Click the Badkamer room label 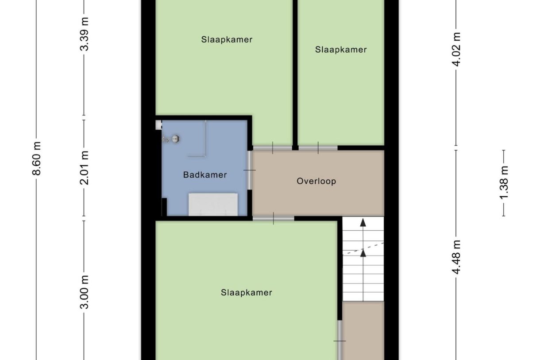point(204,175)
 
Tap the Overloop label point(316,181)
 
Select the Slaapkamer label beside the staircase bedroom point(246,293)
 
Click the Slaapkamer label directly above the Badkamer point(227,39)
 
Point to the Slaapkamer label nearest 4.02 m point(341,50)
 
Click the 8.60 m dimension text point(37,158)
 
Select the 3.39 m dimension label point(85,35)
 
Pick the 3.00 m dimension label point(85,292)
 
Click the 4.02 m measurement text point(457,49)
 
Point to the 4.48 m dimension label point(457,257)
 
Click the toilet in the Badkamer point(173,139)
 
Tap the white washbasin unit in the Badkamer point(213,204)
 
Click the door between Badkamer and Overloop point(250,170)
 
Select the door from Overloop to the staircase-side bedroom point(274,218)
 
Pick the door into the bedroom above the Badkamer point(273,148)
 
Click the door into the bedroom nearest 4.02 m point(318,148)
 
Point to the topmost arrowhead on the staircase point(363,222)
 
